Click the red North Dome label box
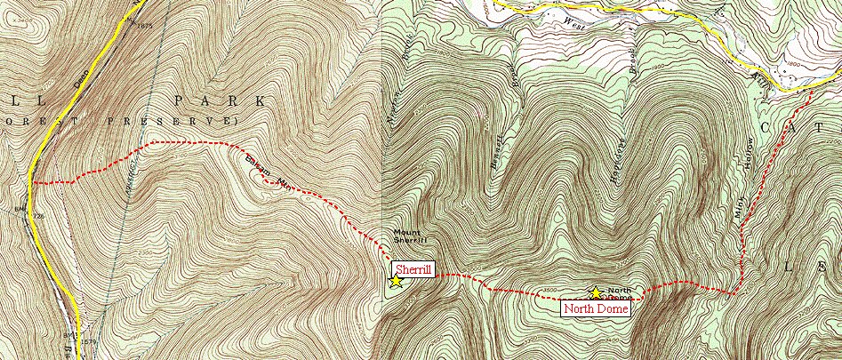pos(596,308)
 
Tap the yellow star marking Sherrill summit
pos(396,280)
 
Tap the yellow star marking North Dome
pos(594,292)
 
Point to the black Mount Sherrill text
pos(410,238)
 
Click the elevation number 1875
pos(145,26)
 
